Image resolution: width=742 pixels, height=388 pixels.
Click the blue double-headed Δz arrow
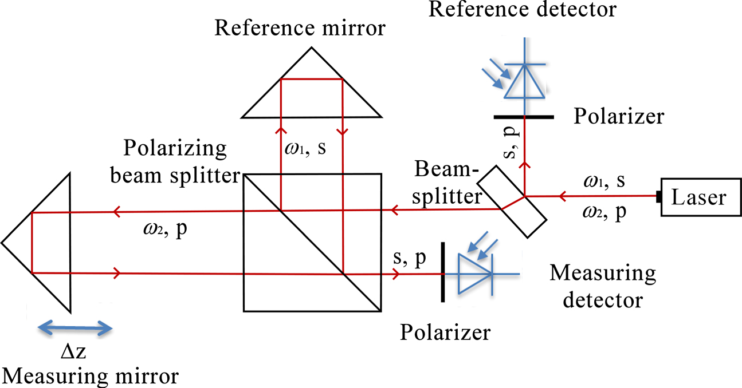tap(74, 328)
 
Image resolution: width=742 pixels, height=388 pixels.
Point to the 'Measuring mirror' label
tap(91, 377)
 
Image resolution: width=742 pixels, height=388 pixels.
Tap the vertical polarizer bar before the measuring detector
tap(442, 272)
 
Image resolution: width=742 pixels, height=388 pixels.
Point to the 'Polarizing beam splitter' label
tap(181, 161)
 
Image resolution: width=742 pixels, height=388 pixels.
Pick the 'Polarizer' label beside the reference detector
tap(619, 116)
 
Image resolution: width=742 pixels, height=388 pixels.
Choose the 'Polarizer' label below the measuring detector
tap(446, 332)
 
